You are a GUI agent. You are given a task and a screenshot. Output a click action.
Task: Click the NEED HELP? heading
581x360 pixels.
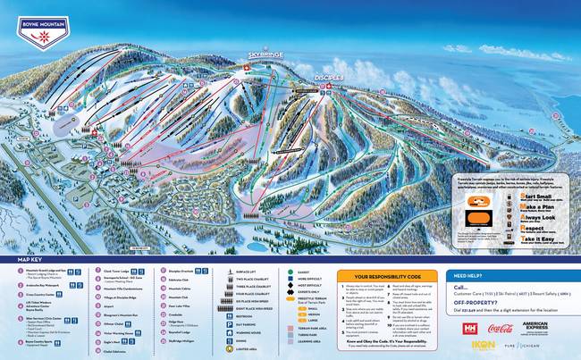point(475,276)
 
